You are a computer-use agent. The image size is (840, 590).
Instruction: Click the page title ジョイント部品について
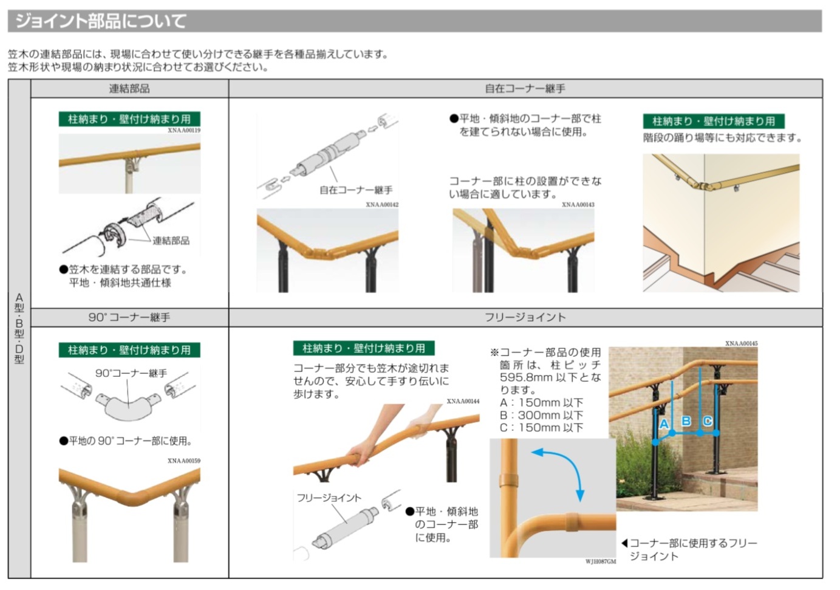(100, 21)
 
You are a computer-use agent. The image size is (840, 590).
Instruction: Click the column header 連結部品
(129, 89)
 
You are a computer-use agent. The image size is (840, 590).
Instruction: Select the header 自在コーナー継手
(525, 89)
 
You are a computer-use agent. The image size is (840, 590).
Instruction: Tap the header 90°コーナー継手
(129, 317)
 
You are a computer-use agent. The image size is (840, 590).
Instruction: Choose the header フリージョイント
(525, 317)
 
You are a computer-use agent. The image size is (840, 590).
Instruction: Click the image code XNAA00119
(184, 130)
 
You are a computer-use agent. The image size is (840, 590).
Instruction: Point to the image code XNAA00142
(382, 204)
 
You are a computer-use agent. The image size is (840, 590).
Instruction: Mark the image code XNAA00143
(578, 204)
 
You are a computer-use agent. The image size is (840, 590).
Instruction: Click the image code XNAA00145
(742, 343)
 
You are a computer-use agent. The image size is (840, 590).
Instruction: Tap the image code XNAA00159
(184, 461)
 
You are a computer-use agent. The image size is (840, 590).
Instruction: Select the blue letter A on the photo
(664, 424)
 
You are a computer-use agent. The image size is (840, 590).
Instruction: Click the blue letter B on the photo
(686, 421)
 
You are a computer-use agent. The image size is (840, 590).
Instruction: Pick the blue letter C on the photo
(708, 421)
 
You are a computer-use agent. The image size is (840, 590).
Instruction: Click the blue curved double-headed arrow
(567, 460)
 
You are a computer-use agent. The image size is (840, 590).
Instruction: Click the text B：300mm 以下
(542, 415)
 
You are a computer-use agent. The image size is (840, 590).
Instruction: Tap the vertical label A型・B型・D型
(19, 329)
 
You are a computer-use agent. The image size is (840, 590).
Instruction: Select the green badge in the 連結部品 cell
(129, 119)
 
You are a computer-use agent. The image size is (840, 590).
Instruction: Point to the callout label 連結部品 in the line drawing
(171, 241)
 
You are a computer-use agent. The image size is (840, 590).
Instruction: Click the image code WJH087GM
(601, 561)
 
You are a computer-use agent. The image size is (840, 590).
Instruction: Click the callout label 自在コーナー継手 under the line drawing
(356, 190)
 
